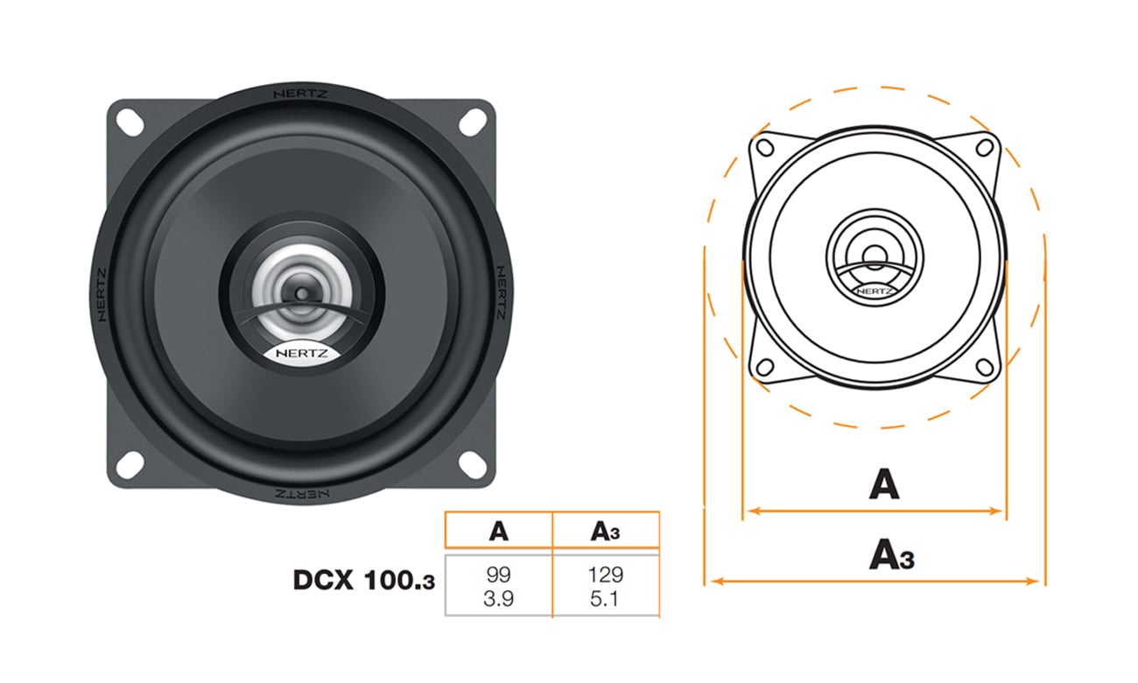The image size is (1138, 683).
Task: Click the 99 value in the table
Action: (498, 575)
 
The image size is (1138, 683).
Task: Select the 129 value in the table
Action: (606, 575)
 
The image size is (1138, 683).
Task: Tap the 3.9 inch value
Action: (498, 600)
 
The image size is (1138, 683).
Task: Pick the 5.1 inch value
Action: (606, 600)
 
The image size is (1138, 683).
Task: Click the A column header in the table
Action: (498, 531)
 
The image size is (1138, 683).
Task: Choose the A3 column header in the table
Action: (606, 531)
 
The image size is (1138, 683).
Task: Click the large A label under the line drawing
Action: (883, 483)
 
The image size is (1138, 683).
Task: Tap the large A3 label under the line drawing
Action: (891, 555)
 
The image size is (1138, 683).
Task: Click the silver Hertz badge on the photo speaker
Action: (298, 354)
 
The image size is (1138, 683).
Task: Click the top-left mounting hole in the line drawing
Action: (763, 146)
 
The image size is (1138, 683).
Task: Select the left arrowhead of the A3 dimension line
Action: (713, 580)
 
